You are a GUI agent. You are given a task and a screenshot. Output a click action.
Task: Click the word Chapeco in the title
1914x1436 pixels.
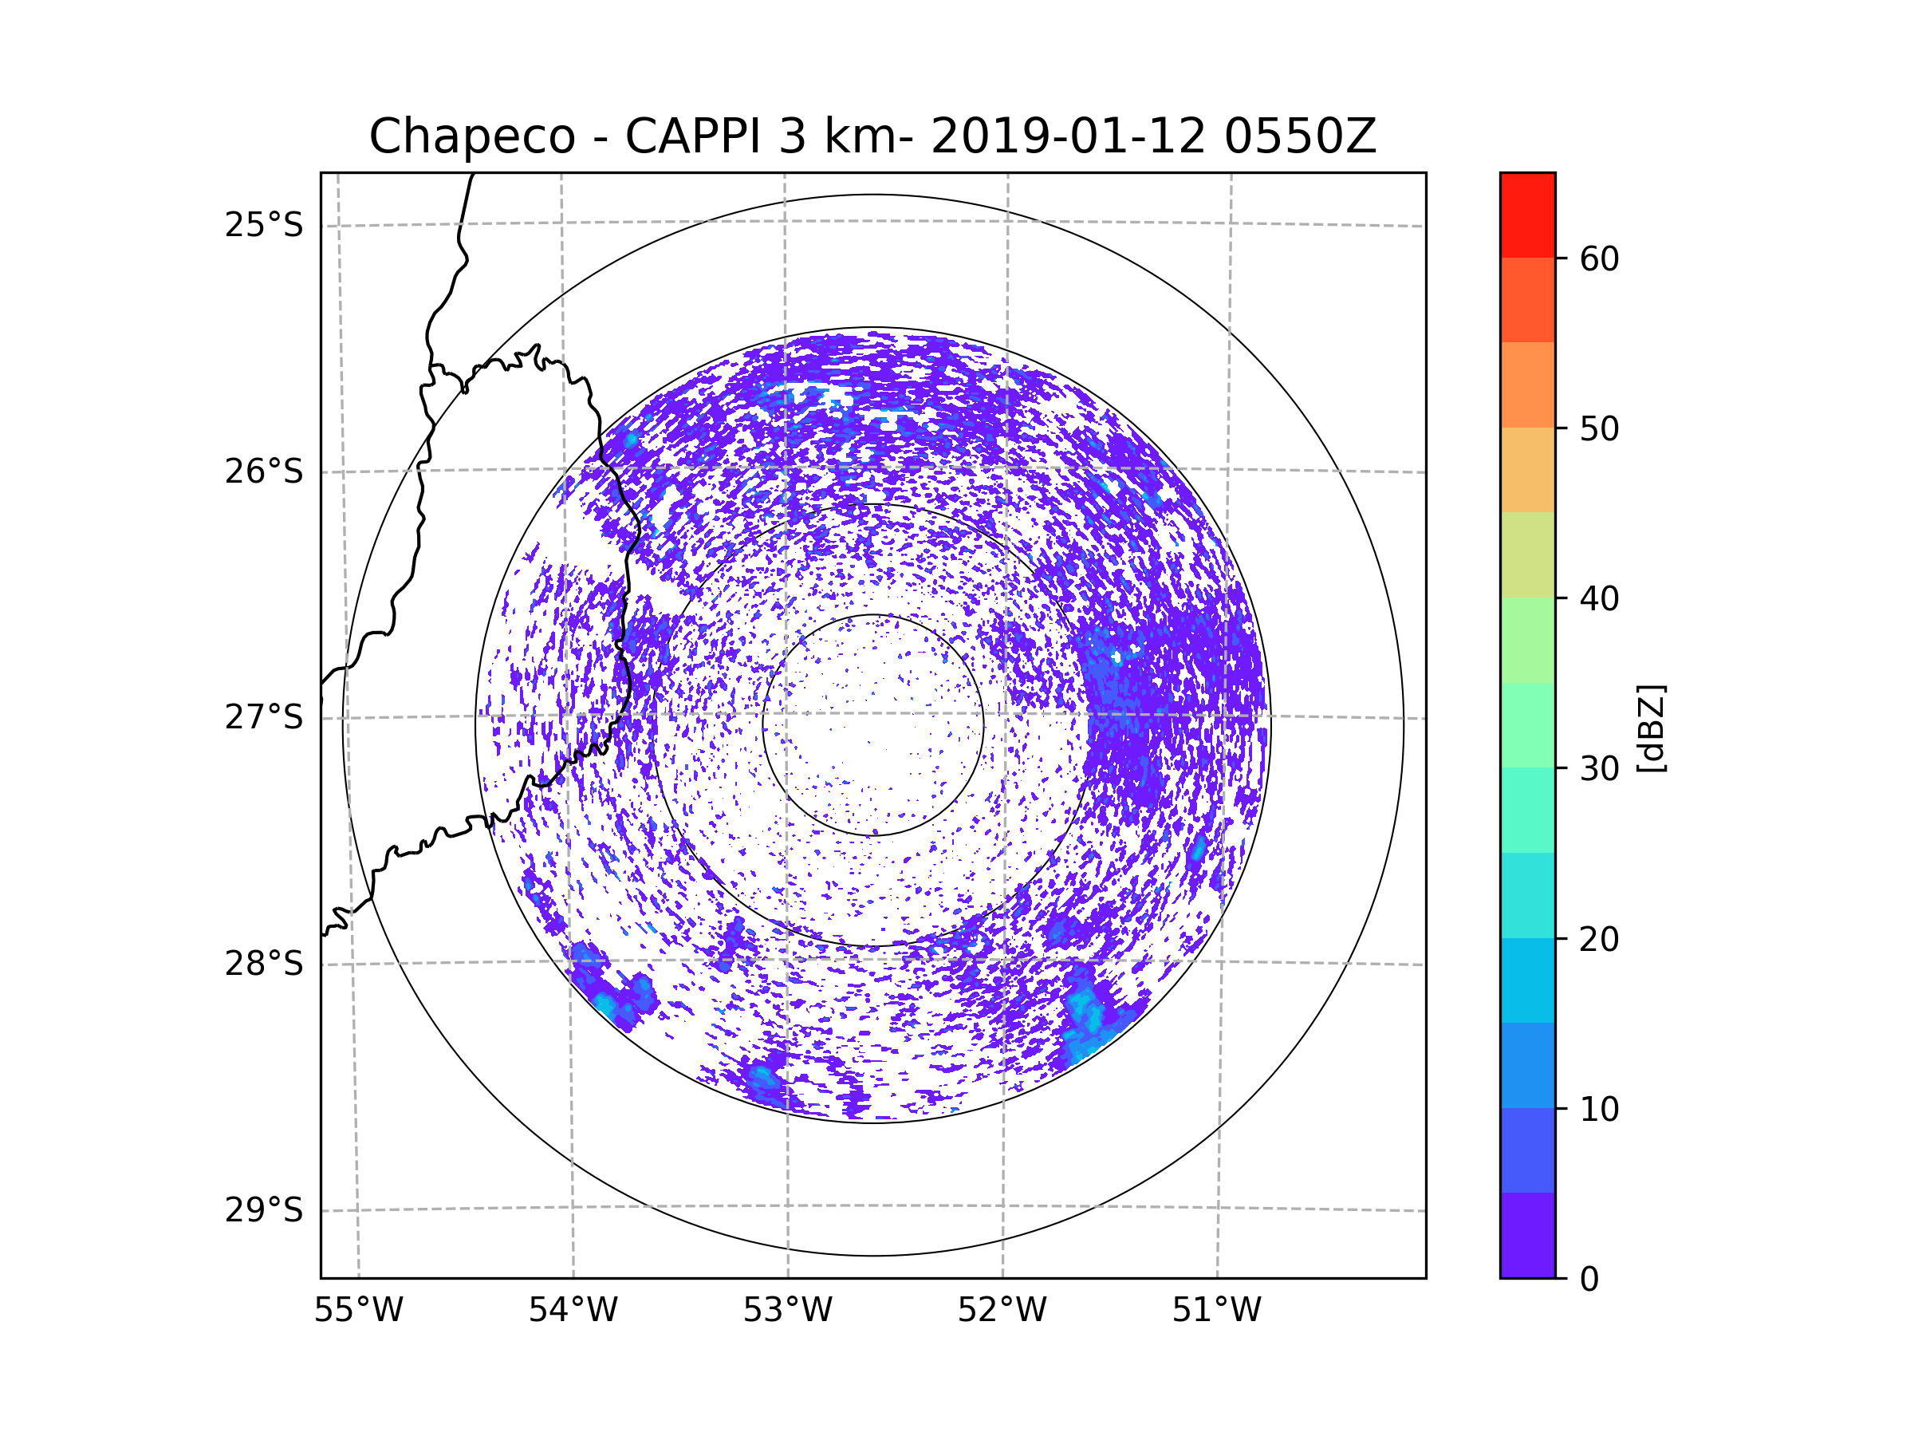coord(471,136)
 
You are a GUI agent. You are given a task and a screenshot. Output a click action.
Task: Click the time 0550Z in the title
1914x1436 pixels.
coord(1300,136)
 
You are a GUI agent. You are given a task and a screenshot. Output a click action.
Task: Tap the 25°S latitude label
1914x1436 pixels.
coord(264,225)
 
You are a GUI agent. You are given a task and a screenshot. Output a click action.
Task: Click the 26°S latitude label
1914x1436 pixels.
coord(264,471)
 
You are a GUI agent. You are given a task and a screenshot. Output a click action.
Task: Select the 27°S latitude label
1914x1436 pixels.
coord(264,717)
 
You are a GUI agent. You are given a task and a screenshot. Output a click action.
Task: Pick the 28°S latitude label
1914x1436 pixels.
coord(264,964)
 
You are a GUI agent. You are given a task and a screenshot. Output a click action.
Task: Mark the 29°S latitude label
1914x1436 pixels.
coord(264,1210)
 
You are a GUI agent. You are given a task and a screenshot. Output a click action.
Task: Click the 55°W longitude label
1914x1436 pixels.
coord(358,1311)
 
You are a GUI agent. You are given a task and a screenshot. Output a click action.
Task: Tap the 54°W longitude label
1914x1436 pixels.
coord(573,1311)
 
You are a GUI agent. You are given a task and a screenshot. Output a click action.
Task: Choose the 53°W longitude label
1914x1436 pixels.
coord(787,1311)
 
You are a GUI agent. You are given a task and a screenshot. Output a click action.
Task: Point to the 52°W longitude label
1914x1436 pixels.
coord(1002,1311)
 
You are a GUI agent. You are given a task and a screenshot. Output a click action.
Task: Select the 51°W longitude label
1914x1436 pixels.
coord(1216,1311)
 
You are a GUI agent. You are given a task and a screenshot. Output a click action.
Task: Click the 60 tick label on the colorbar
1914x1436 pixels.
coord(1599,258)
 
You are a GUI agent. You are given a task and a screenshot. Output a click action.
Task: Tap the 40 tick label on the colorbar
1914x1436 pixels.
coord(1599,599)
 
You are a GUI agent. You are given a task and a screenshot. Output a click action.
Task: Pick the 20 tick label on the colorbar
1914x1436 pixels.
coord(1599,939)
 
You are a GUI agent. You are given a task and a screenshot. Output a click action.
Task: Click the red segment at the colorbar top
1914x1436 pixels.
coord(1527,215)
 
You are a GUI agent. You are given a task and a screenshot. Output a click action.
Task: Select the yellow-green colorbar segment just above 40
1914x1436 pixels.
coord(1527,554)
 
